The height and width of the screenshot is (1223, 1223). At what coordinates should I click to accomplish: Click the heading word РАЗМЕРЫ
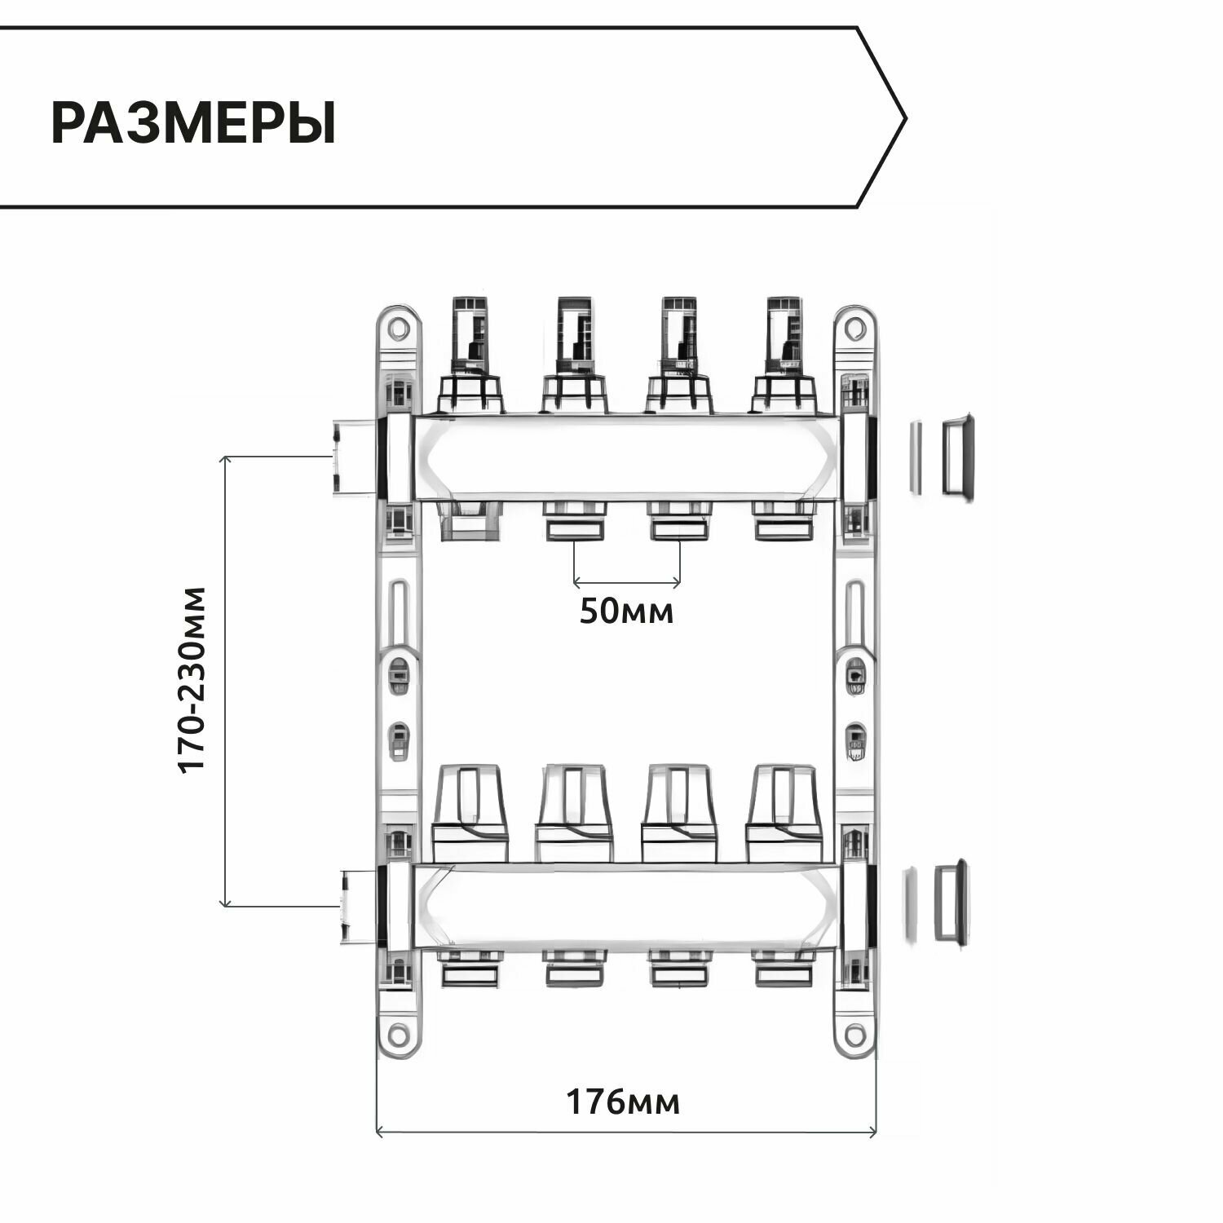[x=193, y=123]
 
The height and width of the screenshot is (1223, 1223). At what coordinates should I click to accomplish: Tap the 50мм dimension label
[x=626, y=611]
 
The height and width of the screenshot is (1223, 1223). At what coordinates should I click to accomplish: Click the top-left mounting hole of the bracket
[x=398, y=329]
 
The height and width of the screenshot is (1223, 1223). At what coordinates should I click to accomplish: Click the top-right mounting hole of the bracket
[x=854, y=329]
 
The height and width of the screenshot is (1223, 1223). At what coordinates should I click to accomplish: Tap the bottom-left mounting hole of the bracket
[x=398, y=1035]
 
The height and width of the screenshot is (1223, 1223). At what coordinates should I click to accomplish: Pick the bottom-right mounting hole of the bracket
[x=854, y=1035]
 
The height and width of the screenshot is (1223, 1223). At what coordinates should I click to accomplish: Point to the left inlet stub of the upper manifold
[x=353, y=457]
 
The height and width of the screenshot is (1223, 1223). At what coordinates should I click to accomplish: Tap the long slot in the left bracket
[x=398, y=611]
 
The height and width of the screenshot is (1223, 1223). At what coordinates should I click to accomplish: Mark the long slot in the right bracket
[x=854, y=611]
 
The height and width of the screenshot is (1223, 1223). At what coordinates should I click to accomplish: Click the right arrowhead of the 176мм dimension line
[x=873, y=1132]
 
